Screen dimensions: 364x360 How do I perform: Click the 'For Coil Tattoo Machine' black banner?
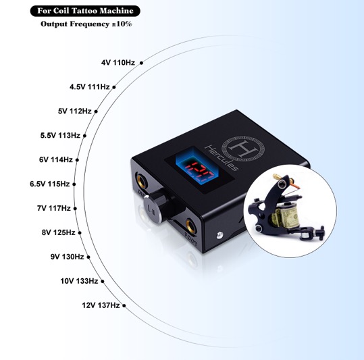point(85,11)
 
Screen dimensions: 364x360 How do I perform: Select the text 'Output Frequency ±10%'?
point(86,24)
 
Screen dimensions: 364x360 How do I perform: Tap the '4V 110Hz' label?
point(118,63)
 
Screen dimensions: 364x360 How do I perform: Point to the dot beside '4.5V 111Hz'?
point(114,87)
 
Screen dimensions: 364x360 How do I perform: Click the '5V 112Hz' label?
point(75,111)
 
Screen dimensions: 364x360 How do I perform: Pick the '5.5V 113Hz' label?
point(60,135)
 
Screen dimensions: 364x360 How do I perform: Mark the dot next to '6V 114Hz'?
point(77,160)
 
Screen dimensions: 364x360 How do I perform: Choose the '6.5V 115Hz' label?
point(50,184)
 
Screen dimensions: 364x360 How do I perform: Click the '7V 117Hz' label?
point(54,208)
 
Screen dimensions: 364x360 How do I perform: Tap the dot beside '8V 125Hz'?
point(80,233)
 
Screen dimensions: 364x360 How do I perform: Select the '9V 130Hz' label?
point(68,257)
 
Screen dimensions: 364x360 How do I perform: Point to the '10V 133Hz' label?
point(79,281)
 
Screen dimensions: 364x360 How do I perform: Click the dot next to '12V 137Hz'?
point(124,306)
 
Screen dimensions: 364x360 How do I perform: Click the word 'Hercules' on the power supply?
point(222,158)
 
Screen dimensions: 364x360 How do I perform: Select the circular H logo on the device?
point(243,149)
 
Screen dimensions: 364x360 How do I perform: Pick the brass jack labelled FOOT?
point(191,226)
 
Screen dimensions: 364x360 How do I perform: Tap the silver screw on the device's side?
point(219,235)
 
